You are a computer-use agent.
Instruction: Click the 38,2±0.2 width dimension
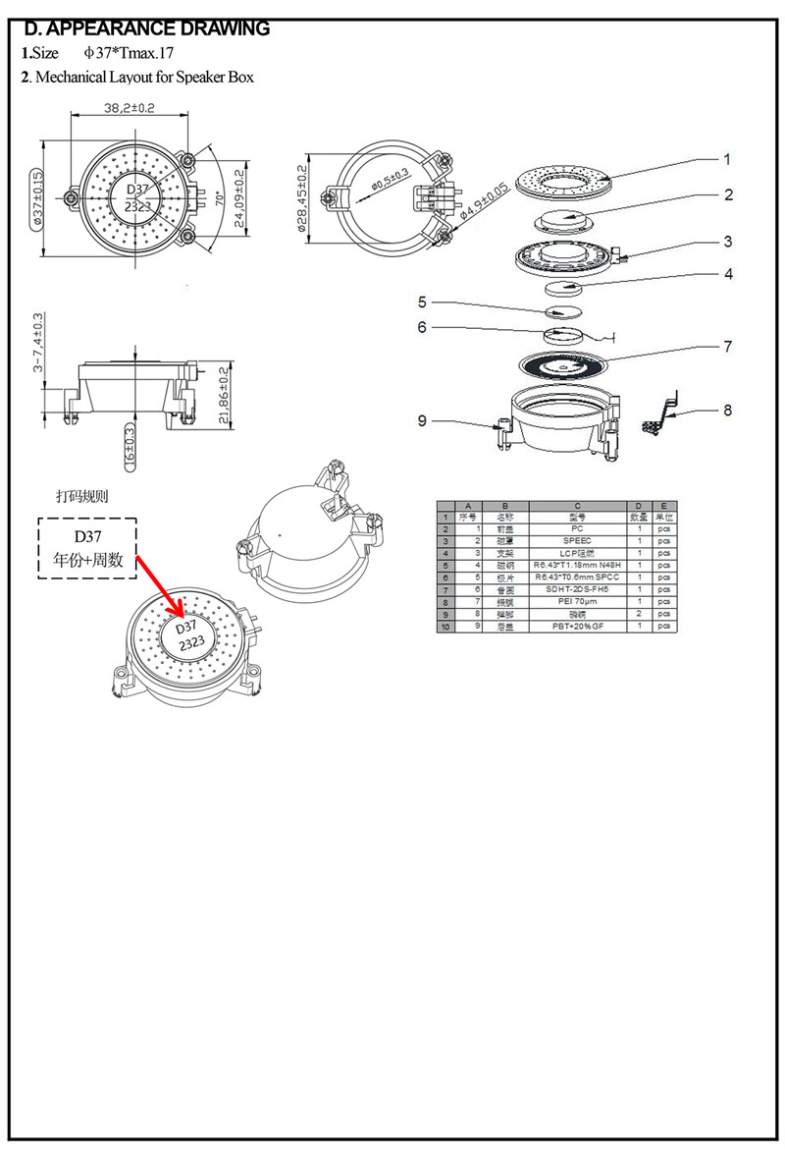[130, 108]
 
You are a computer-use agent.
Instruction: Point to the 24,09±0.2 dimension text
[238, 196]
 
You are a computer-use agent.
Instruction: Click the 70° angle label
[219, 197]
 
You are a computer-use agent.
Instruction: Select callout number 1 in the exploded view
[727, 159]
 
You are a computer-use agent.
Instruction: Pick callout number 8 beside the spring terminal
[727, 410]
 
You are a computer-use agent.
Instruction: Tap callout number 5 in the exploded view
[422, 302]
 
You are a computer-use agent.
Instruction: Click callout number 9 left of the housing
[422, 420]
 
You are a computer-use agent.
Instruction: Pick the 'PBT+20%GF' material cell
[577, 626]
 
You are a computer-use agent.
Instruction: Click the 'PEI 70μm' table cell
[577, 601]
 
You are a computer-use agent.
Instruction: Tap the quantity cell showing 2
[639, 614]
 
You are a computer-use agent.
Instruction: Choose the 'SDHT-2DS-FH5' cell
[577, 589]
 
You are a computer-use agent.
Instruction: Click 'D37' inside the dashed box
[87, 536]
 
